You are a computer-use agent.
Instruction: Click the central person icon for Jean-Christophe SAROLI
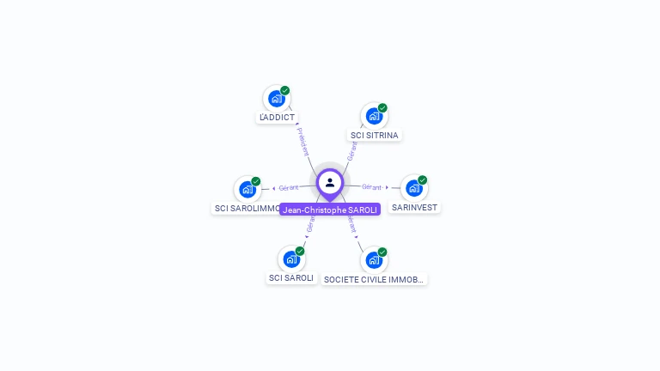click(x=330, y=182)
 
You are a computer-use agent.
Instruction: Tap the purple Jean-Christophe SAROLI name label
click(x=330, y=210)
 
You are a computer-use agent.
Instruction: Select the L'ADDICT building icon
click(x=276, y=98)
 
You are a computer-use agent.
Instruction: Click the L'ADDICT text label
click(x=277, y=118)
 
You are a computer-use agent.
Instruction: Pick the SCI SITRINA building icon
click(x=374, y=116)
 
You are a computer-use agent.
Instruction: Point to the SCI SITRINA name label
click(x=375, y=136)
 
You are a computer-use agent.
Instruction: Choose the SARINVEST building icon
click(x=414, y=188)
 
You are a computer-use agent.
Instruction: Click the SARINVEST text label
click(x=414, y=208)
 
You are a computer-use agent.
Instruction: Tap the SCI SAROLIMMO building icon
click(x=247, y=189)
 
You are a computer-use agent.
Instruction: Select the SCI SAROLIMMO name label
click(x=246, y=209)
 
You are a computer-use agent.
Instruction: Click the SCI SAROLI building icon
click(x=291, y=258)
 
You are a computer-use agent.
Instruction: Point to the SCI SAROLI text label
click(x=291, y=278)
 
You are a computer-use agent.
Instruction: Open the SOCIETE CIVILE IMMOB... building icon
click(x=374, y=259)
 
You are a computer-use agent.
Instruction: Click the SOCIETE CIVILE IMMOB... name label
click(x=374, y=280)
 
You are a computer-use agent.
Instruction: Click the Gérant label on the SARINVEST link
click(x=371, y=187)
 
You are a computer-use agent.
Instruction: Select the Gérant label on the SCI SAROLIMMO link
click(x=289, y=188)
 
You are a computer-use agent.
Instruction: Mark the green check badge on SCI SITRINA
click(x=382, y=108)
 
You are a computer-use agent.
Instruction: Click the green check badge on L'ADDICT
click(x=284, y=90)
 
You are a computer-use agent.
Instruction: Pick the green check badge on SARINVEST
click(x=422, y=180)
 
